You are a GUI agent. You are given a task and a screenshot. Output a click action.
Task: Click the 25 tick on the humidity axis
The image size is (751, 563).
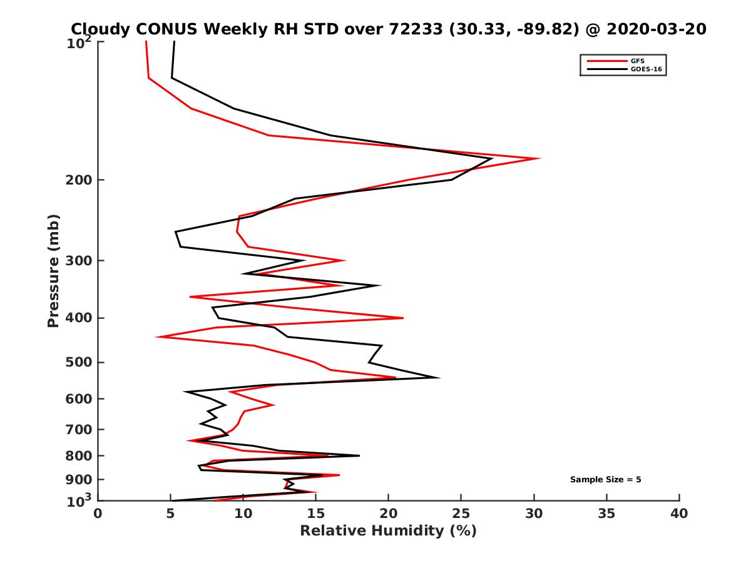click(x=461, y=514)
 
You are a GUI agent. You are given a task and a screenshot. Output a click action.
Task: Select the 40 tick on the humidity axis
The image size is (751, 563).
click(x=679, y=514)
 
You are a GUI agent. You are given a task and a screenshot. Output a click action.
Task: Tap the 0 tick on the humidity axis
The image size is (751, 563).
click(x=98, y=514)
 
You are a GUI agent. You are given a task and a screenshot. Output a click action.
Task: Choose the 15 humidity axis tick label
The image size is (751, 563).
click(x=316, y=514)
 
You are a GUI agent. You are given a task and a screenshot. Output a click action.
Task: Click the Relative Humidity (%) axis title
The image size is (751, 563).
click(x=388, y=531)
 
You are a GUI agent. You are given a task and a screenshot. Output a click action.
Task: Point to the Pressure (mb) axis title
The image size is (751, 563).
click(x=53, y=270)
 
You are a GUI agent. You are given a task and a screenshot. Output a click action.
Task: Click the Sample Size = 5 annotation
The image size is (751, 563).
click(x=605, y=480)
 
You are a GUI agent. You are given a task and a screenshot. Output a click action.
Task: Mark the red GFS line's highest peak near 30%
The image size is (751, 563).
click(x=539, y=158)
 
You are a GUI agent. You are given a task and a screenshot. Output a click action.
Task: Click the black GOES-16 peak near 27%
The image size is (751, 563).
click(x=492, y=159)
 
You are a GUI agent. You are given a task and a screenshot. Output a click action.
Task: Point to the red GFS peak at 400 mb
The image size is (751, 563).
click(x=403, y=318)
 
